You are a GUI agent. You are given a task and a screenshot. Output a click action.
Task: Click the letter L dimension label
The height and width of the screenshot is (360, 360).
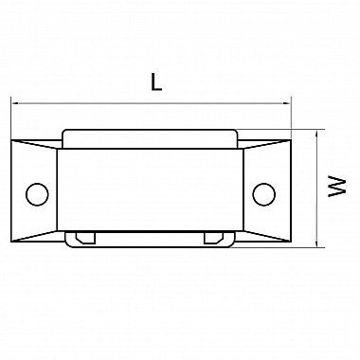coord(156,82)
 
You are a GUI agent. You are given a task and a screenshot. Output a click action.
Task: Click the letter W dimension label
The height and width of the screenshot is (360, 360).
coord(337,187)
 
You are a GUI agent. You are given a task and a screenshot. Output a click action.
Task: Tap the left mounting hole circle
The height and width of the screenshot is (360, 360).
coord(37,194)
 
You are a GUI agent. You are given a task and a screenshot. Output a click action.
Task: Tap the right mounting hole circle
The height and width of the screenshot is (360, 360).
coord(264,194)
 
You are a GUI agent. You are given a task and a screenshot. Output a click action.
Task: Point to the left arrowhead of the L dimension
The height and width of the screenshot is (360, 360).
coord(15,103)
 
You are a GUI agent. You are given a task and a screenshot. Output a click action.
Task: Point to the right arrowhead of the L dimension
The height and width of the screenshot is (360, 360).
coord(287,103)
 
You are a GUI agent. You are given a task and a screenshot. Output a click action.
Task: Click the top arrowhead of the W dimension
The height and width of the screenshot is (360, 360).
coord(316,134)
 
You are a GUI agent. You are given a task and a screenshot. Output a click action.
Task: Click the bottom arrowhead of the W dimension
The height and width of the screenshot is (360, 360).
coord(316,243)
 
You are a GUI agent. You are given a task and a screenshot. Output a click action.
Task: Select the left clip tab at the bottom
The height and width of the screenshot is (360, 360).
coord(85,238)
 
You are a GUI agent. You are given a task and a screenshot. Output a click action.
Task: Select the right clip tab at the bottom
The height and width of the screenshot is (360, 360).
coord(214,238)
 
